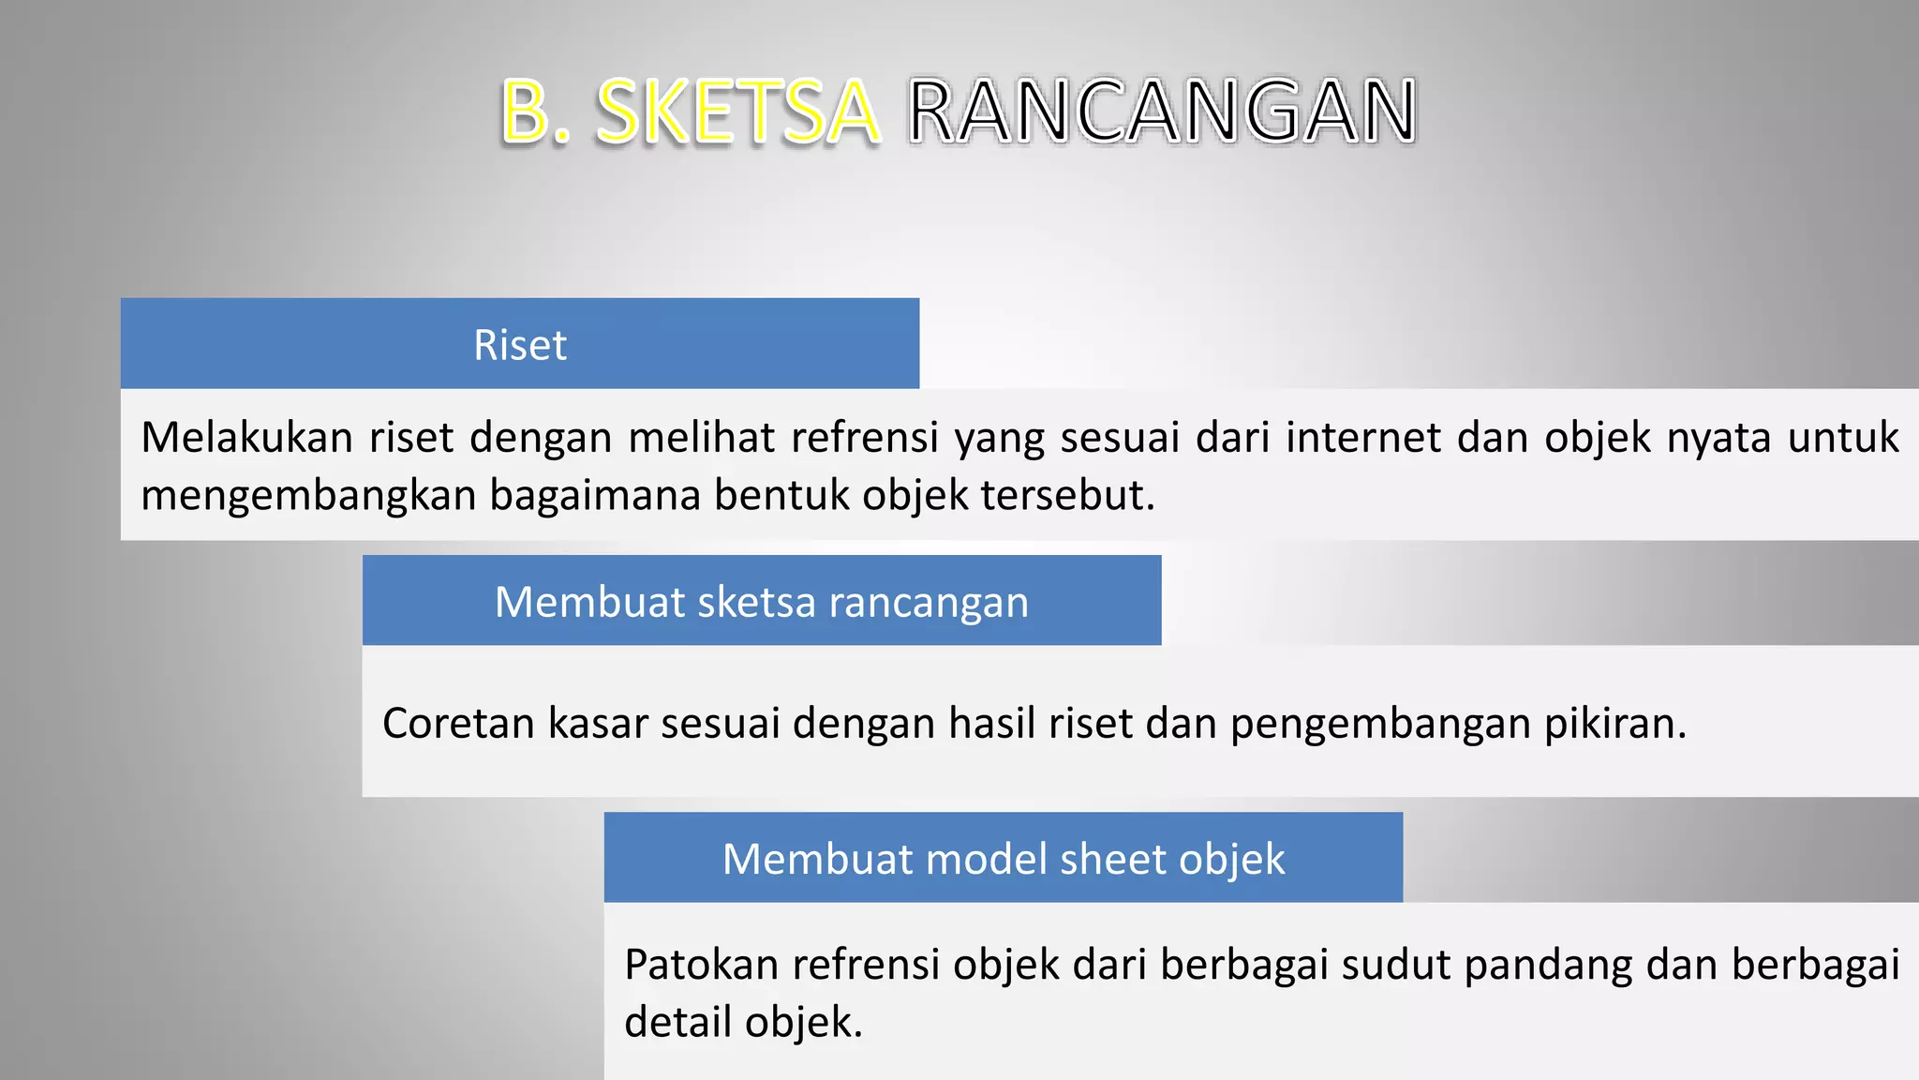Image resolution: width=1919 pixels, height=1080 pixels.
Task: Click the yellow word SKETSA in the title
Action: coord(737,112)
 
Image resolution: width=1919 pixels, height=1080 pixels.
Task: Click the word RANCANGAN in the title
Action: coord(1162,112)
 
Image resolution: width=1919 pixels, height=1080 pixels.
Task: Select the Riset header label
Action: coord(520,345)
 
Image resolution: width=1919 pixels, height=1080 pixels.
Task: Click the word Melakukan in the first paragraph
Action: coord(246,437)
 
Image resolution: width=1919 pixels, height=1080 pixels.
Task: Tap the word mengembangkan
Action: coord(308,495)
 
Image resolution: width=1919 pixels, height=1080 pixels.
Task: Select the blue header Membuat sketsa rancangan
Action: coord(761,601)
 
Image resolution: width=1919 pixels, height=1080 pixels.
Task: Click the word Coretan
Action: coord(458,723)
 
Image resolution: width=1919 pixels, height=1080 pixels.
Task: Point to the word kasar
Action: coord(598,723)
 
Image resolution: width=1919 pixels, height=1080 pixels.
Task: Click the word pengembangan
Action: coord(1379,723)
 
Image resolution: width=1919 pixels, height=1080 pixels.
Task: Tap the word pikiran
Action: coord(1614,723)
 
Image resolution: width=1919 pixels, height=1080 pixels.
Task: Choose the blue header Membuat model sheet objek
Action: coord(1003,858)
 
